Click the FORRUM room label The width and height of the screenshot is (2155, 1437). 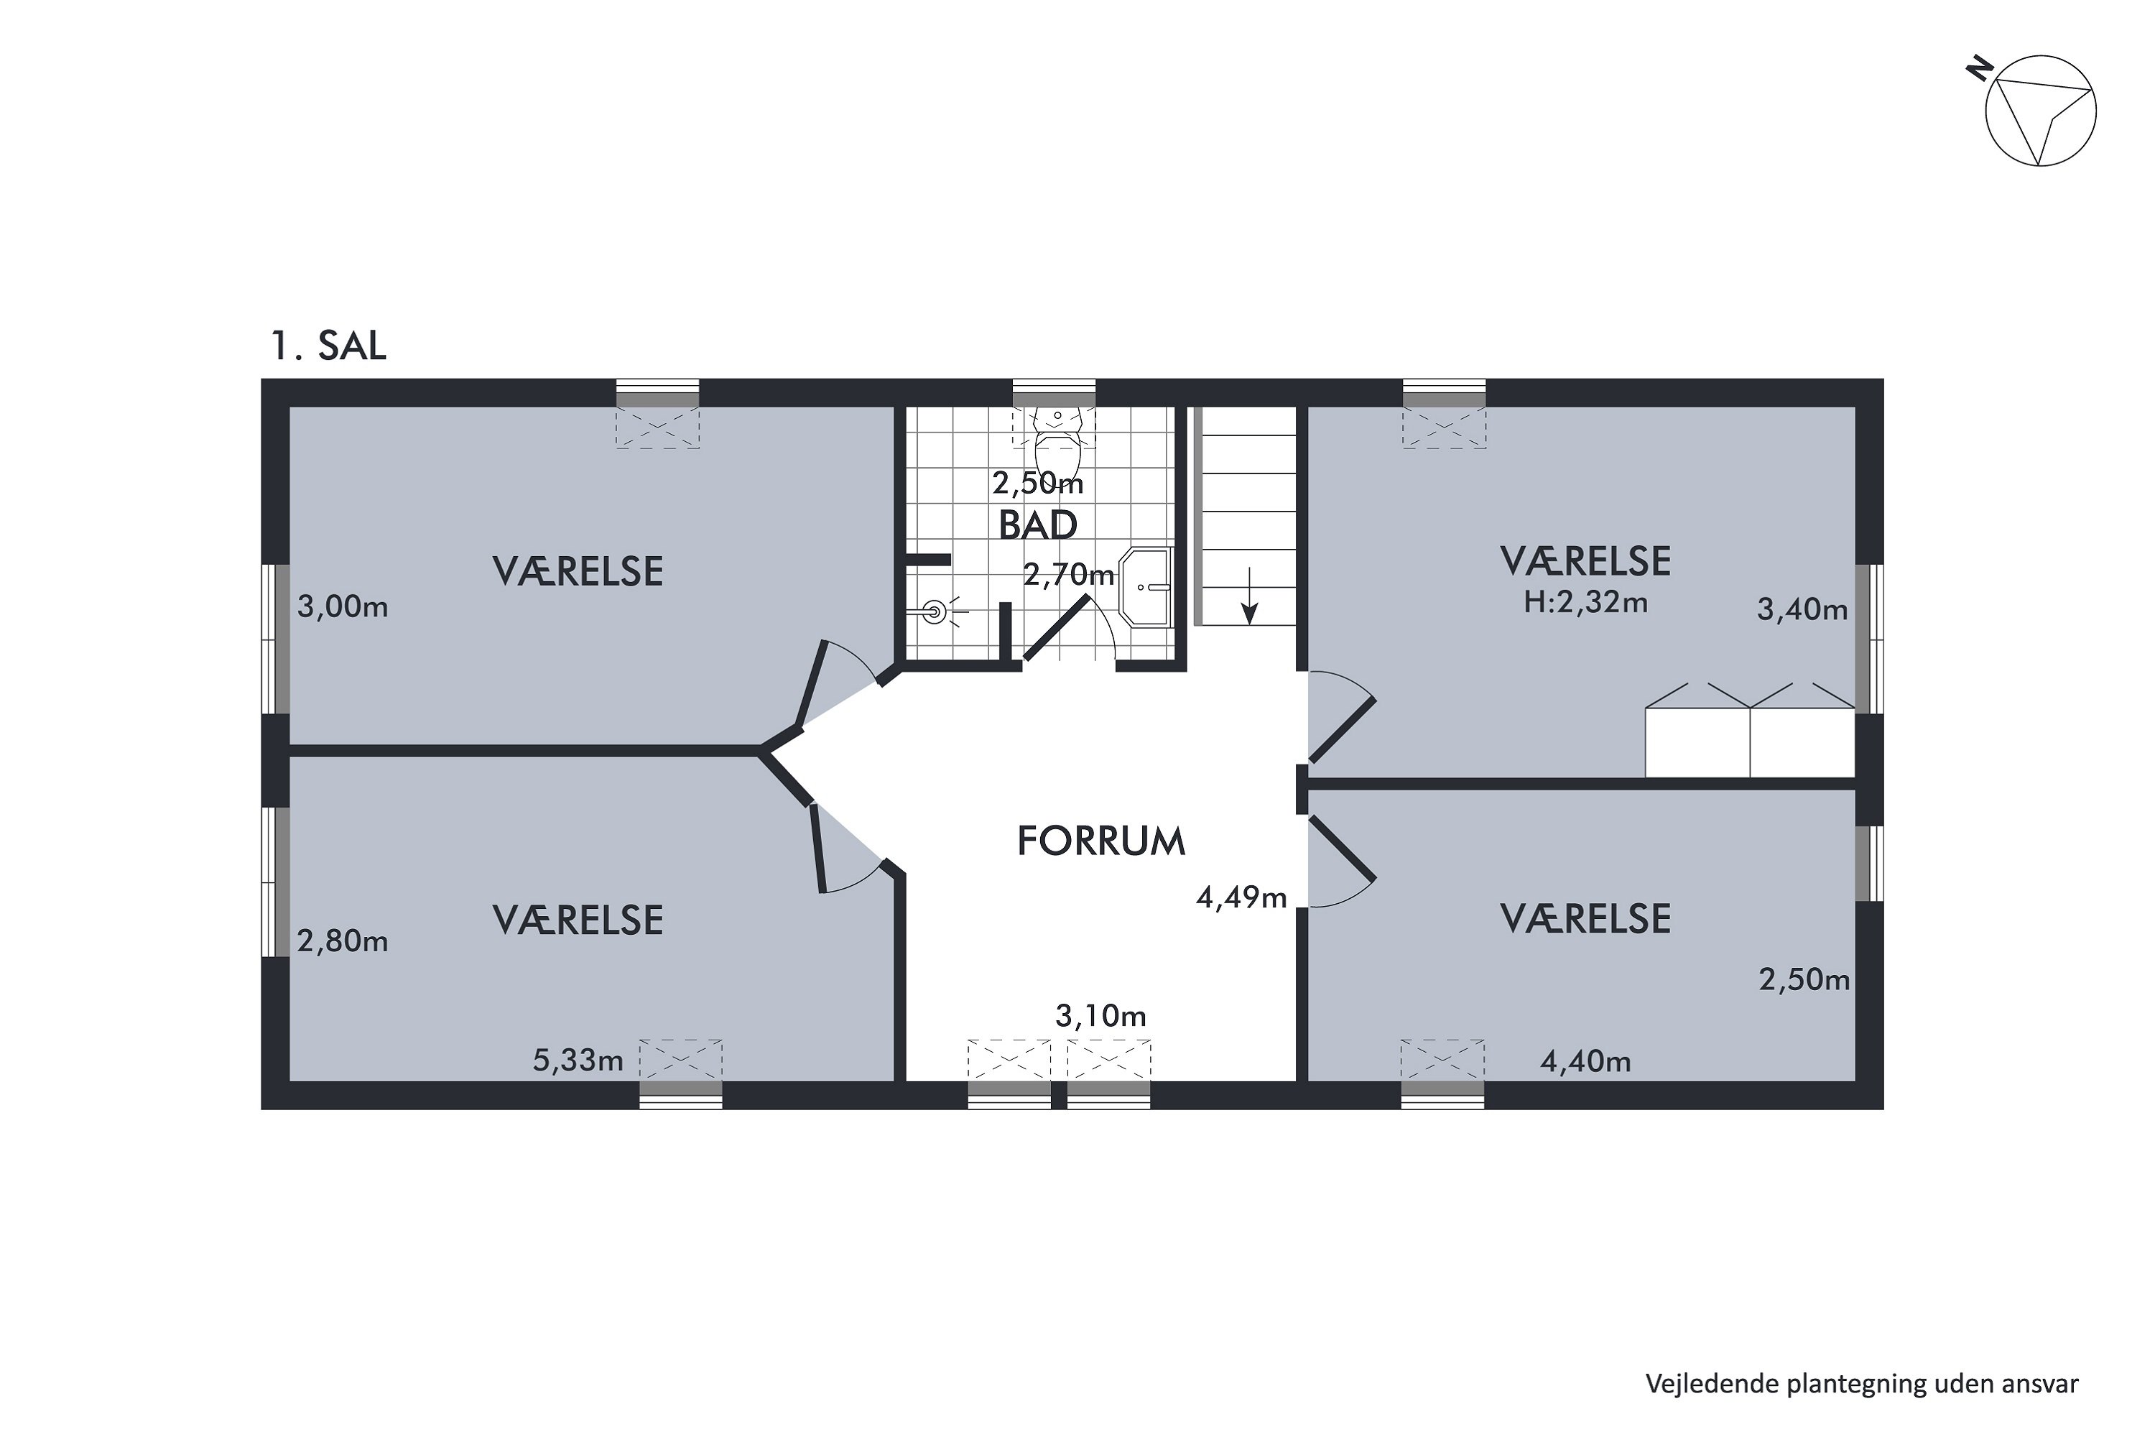click(1100, 841)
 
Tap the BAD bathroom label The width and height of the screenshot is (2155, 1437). click(1037, 525)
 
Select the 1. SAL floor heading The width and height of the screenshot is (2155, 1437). click(328, 346)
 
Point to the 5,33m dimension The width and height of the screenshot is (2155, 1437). click(578, 1061)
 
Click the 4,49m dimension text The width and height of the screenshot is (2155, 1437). click(1241, 897)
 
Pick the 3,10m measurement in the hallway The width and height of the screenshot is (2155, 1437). click(1100, 1015)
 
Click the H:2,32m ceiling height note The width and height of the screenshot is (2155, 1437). click(1585, 602)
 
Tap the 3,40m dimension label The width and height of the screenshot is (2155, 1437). click(1802, 609)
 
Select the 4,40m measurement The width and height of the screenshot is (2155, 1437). click(1586, 1061)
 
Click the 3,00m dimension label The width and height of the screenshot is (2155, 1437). click(343, 606)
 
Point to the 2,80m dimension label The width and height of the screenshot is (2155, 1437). click(343, 941)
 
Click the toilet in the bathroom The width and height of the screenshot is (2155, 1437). click(1058, 437)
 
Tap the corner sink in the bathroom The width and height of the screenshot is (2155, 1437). click(1145, 588)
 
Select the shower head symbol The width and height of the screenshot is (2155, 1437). click(934, 611)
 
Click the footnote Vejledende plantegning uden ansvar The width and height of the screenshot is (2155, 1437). click(1862, 1384)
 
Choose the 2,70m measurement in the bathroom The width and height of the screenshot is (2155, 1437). click(1068, 575)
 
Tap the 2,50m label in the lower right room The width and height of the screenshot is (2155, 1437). click(1804, 980)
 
